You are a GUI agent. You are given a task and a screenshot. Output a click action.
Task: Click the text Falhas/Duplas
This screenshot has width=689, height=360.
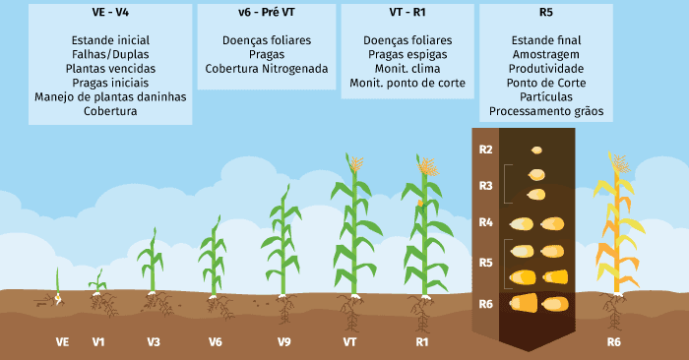pyautogui.click(x=110, y=55)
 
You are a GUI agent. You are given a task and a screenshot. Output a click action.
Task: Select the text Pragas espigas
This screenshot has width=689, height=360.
pyautogui.click(x=407, y=55)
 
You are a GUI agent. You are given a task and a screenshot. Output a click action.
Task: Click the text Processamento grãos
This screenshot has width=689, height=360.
pyautogui.click(x=546, y=111)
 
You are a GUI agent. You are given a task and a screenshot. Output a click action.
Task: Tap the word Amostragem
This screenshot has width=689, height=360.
pyautogui.click(x=546, y=55)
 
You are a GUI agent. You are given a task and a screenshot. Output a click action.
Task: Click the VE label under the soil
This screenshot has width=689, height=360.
pyautogui.click(x=62, y=342)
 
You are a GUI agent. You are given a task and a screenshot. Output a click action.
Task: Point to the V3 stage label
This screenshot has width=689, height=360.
pyautogui.click(x=155, y=342)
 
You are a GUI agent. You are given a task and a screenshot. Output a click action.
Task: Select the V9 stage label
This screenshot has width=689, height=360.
pyautogui.click(x=283, y=342)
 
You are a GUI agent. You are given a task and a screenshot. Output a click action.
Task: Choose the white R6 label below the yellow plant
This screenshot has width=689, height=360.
pyautogui.click(x=613, y=342)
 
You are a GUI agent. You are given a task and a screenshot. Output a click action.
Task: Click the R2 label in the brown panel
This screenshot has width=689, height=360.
pyautogui.click(x=485, y=150)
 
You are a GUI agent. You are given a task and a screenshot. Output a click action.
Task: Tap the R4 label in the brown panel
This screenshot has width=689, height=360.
pyautogui.click(x=485, y=222)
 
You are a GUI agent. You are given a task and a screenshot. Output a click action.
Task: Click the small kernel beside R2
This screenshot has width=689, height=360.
pyautogui.click(x=536, y=150)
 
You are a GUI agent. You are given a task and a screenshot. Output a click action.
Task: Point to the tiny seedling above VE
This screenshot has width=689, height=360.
pyautogui.click(x=58, y=285)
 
